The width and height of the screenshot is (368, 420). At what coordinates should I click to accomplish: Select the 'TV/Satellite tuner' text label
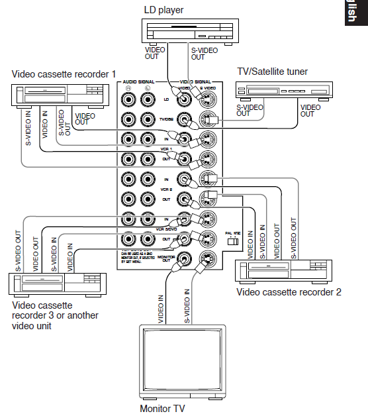271,72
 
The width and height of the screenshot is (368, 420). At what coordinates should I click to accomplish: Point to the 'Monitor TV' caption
162,409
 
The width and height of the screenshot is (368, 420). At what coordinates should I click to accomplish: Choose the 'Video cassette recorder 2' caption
289,292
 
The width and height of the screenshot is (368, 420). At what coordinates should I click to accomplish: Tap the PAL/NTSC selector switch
232,242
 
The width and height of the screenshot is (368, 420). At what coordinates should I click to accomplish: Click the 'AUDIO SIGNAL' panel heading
137,81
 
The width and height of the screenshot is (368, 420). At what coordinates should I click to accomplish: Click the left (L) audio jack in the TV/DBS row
148,120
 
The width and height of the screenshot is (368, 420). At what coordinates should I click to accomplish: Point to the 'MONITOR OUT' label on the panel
167,259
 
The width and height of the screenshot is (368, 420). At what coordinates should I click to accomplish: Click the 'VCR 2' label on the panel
167,189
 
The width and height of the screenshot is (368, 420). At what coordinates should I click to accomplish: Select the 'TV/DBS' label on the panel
167,120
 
